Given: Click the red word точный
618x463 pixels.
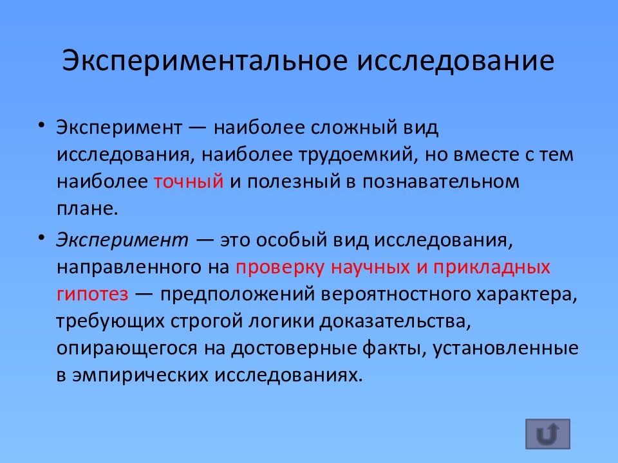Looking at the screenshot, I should click(189, 182).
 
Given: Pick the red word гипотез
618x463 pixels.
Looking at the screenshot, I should click(92, 294).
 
